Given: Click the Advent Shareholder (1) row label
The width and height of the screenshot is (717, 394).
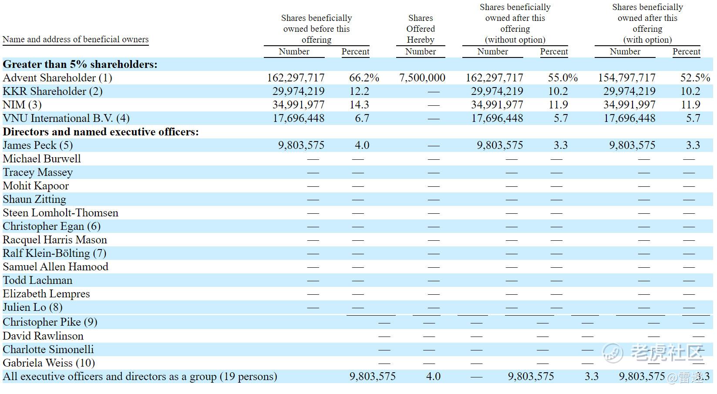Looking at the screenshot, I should tap(57, 78).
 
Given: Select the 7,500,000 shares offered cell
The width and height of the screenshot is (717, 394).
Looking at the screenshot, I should tap(422, 78).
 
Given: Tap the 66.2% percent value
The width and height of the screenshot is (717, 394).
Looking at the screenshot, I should tap(364, 78).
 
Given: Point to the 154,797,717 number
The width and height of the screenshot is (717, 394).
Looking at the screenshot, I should tap(626, 78).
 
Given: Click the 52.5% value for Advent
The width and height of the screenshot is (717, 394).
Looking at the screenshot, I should tap(695, 78).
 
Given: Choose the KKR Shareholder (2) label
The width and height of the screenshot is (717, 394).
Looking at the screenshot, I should tap(53, 91).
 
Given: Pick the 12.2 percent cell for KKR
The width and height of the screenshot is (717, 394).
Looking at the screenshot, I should tap(359, 91).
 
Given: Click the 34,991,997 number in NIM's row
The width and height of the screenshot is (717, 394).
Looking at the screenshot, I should tap(629, 105).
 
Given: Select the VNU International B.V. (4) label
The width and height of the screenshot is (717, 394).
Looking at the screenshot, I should tap(66, 118).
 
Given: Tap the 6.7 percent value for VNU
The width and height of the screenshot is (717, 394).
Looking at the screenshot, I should tap(362, 118).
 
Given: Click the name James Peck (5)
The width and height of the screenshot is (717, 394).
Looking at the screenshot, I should tap(38, 145).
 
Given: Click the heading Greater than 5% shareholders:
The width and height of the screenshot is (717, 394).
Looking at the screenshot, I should tap(80, 64).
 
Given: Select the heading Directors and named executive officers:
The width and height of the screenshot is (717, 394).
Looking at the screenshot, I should tap(101, 132).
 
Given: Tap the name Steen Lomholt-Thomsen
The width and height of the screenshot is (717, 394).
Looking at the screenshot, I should tap(61, 213).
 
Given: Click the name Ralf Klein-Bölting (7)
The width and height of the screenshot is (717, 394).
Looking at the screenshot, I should tap(54, 253).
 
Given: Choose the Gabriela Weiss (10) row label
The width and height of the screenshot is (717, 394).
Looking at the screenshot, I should tap(49, 363).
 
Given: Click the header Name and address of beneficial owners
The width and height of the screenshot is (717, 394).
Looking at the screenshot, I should tap(76, 40).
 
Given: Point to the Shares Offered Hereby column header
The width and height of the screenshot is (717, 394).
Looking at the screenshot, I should tap(421, 29).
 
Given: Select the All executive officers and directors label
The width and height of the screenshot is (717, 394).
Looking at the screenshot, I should tap(140, 377).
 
